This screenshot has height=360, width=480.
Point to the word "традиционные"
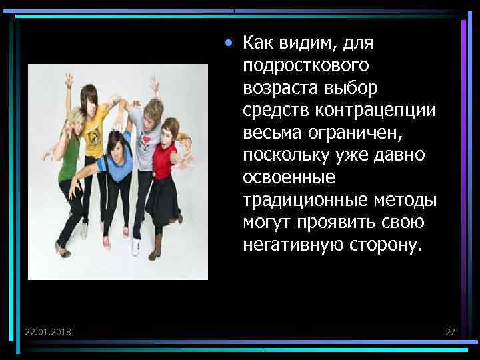295,201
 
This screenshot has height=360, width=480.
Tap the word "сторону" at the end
383,245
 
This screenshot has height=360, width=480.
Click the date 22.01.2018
49,331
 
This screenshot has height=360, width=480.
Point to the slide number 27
449,331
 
